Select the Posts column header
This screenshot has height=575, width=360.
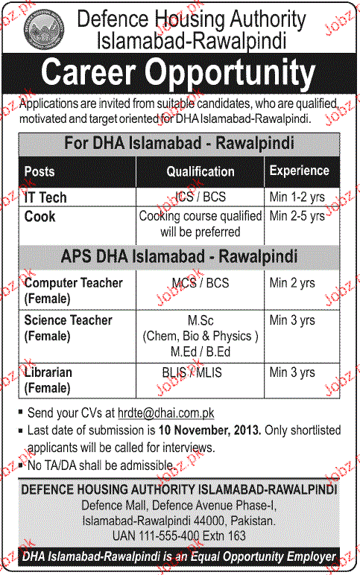point(40,171)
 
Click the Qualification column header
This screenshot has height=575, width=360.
point(200,171)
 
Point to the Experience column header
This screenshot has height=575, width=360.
point(299,171)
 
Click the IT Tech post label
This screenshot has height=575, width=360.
point(45,197)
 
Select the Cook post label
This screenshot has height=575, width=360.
point(40,217)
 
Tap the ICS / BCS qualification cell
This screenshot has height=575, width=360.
point(200,197)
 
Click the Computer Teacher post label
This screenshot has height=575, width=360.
point(73,284)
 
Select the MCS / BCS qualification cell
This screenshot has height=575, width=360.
point(200,284)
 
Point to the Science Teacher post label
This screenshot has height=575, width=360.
point(68,320)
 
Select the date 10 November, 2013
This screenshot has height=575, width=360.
point(209,431)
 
